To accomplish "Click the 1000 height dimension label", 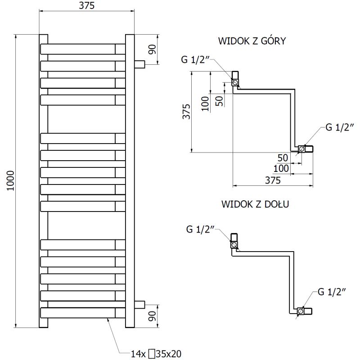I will [x=12, y=180].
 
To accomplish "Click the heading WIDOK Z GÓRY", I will [x=252, y=41].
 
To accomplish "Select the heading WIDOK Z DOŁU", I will [x=255, y=204].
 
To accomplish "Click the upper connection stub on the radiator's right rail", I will [x=139, y=64].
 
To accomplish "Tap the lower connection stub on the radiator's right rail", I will [x=139, y=304].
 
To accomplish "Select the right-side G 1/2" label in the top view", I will [x=334, y=127].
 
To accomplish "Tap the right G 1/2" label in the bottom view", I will [x=332, y=292].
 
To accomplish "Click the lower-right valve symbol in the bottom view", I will [x=301, y=310].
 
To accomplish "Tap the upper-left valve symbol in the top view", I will [x=235, y=82].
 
